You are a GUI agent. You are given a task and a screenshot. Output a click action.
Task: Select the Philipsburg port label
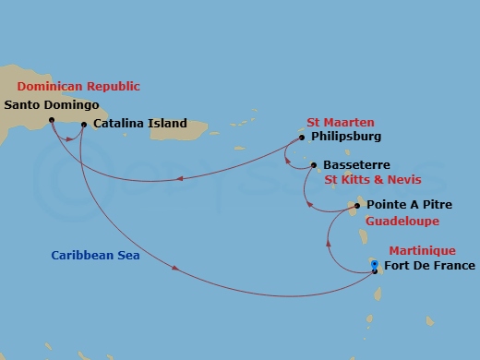[x=345, y=138]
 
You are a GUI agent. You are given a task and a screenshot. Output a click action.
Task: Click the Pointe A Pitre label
[x=409, y=204]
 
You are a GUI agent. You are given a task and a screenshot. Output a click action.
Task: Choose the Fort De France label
[x=429, y=267]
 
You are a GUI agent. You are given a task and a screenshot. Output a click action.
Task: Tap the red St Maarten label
[x=339, y=121]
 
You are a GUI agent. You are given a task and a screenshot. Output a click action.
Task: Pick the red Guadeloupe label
[x=402, y=222]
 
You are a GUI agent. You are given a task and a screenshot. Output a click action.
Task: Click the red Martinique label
[x=421, y=249]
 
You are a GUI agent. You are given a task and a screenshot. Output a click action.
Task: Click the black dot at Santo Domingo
[x=52, y=119]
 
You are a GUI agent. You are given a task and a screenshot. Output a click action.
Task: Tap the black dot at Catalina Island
[x=84, y=124]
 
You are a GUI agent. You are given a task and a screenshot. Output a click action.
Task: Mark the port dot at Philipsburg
[x=301, y=138]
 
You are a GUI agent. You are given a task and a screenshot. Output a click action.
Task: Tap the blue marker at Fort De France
[x=374, y=266]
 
